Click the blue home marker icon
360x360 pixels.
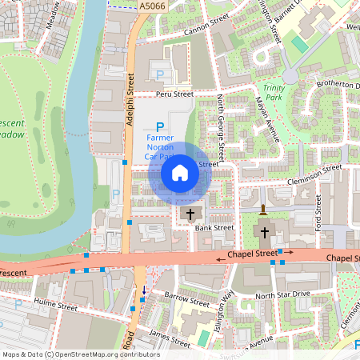pos(180,172)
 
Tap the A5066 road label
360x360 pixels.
pos(151,6)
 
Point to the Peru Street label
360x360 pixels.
pos(175,94)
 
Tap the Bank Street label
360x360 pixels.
pos(214,227)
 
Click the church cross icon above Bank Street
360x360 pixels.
pos(190,214)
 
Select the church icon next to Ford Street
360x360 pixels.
pos(265,232)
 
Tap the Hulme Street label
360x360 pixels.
pos(55,305)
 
